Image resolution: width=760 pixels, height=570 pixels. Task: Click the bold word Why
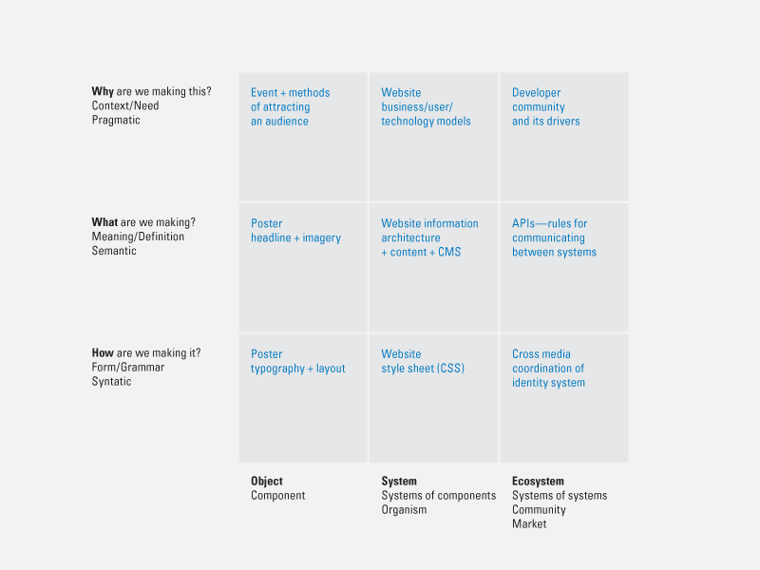103,91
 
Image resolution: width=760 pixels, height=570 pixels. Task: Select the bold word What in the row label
104,222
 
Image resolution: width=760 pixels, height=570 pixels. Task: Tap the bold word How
103,352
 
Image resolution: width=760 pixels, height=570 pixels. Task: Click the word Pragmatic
116,121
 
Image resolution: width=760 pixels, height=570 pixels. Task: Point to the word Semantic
114,251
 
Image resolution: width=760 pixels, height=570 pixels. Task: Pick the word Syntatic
111,382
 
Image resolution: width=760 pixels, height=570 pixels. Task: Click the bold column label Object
267,482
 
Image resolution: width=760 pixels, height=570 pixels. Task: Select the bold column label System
399,482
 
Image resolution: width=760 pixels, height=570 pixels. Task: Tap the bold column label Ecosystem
538,482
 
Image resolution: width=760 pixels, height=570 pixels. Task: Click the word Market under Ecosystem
529,524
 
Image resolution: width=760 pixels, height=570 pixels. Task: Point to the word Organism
404,510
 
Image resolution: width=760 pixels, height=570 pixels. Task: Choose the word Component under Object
277,495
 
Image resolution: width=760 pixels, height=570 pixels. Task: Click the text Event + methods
291,92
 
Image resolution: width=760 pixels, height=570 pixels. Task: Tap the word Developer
536,92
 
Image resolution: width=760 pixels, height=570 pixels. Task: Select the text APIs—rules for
550,223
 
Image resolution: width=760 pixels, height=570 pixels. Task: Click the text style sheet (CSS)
423,369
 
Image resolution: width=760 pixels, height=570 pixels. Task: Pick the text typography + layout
298,369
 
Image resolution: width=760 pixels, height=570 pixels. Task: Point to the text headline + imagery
295,238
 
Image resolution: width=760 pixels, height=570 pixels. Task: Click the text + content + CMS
421,252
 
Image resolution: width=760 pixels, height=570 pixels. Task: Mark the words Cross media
541,353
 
